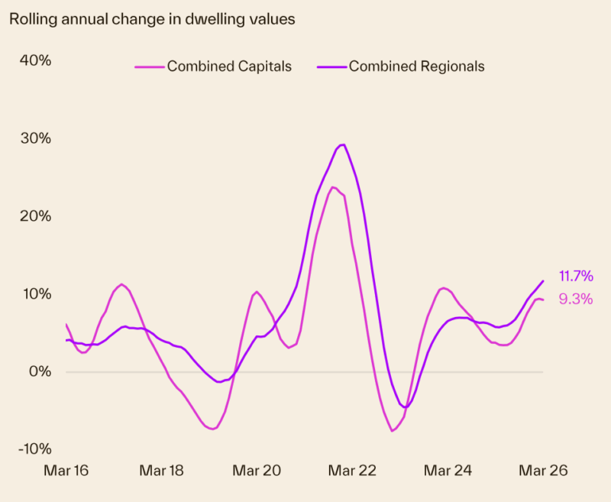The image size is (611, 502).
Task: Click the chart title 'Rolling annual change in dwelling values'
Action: coord(152,19)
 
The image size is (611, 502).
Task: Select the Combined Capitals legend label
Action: coord(229,66)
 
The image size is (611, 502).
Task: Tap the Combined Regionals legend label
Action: coord(416,66)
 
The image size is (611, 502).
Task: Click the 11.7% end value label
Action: coord(576,276)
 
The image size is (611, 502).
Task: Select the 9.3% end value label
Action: coord(576,300)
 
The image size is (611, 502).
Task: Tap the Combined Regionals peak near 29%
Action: coord(342,144)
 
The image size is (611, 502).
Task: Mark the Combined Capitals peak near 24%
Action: coord(333,187)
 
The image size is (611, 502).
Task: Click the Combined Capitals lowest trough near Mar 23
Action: coord(393,431)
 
